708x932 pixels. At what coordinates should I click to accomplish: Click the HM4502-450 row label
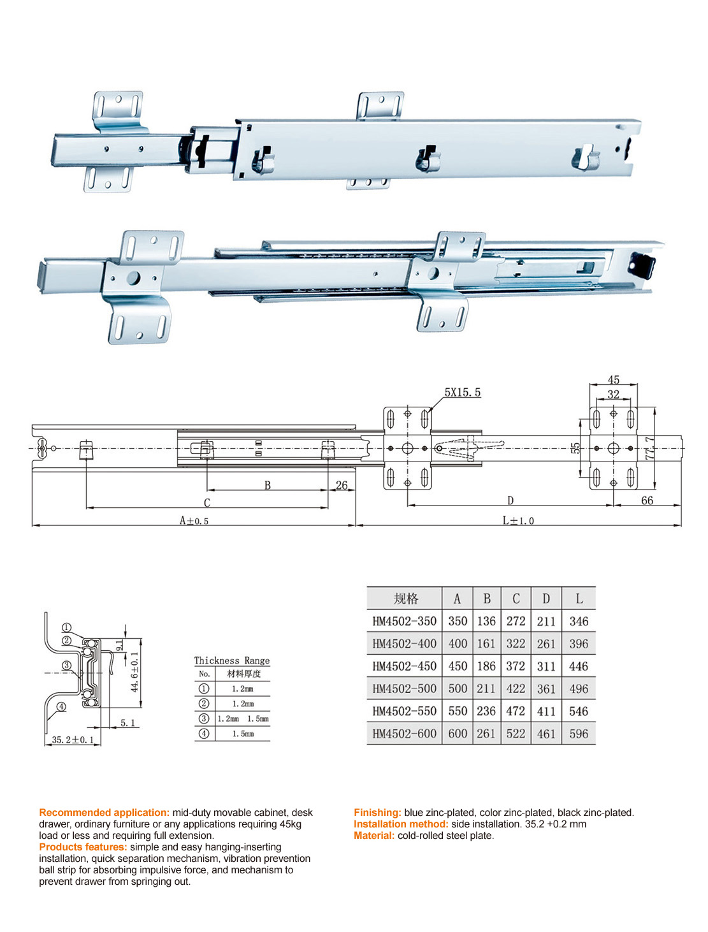coord(405,666)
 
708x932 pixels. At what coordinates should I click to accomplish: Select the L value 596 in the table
coord(579,734)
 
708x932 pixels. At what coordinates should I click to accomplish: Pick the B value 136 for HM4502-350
coord(486,621)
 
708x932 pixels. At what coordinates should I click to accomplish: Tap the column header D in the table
coord(546,599)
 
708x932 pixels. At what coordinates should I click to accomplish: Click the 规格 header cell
coord(405,599)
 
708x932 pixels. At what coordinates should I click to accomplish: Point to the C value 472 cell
coord(516,711)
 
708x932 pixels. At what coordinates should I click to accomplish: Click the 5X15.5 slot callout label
coord(462,393)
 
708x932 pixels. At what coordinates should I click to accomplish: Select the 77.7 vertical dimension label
coord(649,448)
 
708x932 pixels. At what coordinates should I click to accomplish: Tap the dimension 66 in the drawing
coord(647,500)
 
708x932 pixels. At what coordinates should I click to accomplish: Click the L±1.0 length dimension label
coord(518,521)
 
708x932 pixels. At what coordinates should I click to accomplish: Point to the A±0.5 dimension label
coord(194,521)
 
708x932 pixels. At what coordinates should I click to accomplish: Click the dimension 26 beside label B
coord(342,485)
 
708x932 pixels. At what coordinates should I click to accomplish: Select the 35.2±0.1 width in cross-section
coord(73,739)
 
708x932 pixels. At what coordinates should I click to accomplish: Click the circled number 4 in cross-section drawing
coord(61,706)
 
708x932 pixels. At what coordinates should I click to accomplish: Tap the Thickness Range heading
coord(232,660)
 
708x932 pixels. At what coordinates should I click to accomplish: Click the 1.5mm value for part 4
coord(243,734)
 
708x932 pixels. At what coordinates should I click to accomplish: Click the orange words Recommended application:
coord(105,813)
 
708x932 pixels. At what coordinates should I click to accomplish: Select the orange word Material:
coord(374,836)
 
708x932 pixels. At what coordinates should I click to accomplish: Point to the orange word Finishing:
coord(377,813)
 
